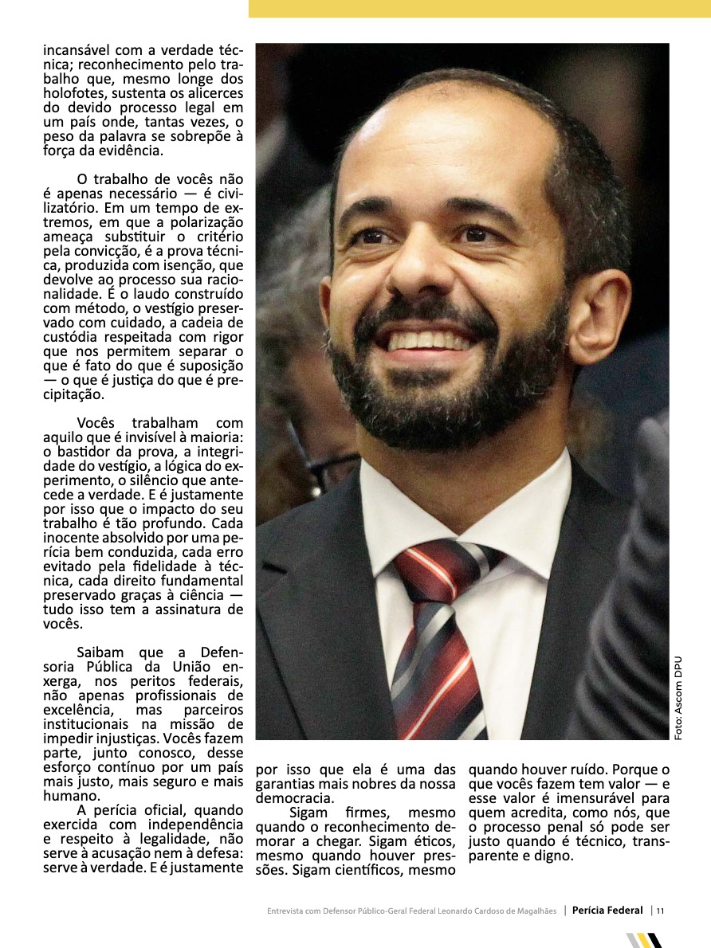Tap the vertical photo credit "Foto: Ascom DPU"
(678, 698)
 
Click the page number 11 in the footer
(660, 911)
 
